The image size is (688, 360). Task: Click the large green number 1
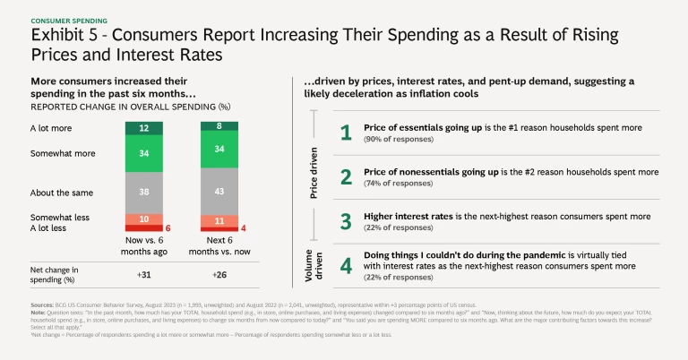click(x=346, y=133)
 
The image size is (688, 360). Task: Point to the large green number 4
click(x=346, y=266)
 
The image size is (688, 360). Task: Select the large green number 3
click(x=346, y=220)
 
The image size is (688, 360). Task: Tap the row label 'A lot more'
click(x=50, y=129)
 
